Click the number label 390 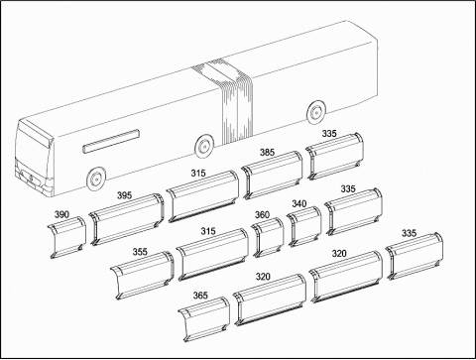[61, 214]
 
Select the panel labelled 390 [66, 237]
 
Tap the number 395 [124, 195]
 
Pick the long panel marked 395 [126, 219]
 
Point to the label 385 [267, 152]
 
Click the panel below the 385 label [272, 176]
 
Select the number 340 [299, 203]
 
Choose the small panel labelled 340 [304, 226]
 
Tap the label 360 [262, 215]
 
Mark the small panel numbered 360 [268, 238]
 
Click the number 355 [140, 252]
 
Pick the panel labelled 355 [143, 276]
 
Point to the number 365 [200, 296]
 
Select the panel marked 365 [204, 319]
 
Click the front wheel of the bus [96, 179]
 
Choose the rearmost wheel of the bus [317, 112]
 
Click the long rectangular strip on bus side [111, 141]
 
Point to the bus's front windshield [33, 147]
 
